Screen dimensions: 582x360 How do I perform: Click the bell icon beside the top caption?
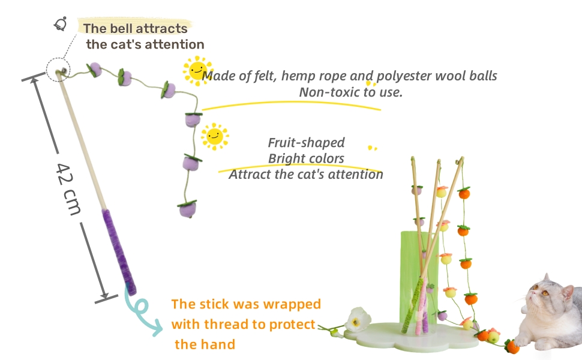[x=61, y=24]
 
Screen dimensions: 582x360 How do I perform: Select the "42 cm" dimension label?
[x=68, y=189]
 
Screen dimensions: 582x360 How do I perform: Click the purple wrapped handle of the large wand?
[x=119, y=251]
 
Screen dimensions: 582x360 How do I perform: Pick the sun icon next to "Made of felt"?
[x=197, y=71]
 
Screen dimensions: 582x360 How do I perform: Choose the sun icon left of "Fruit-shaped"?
[x=215, y=137]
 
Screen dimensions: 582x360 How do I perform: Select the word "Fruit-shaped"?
[x=306, y=143]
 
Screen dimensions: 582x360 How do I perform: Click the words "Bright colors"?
[x=306, y=158]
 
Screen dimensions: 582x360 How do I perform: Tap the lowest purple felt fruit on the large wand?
[x=187, y=209]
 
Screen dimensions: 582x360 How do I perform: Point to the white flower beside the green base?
[x=358, y=319]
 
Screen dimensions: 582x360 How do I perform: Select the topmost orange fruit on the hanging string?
[x=464, y=193]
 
